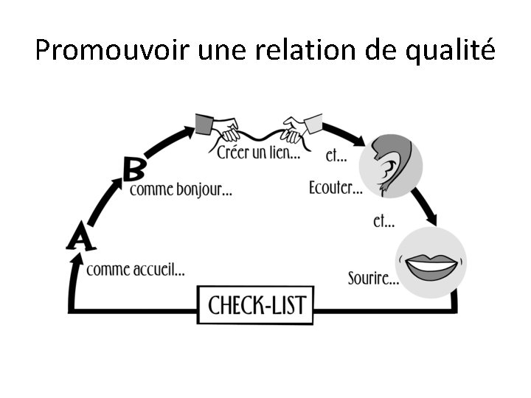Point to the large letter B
click(133, 170)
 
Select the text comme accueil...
click(135, 270)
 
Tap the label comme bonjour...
click(181, 189)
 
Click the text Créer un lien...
click(258, 153)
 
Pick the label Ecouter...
click(336, 189)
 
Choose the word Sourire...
click(373, 279)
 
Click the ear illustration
click(389, 165)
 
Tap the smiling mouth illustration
click(430, 263)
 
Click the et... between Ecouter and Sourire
click(383, 220)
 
